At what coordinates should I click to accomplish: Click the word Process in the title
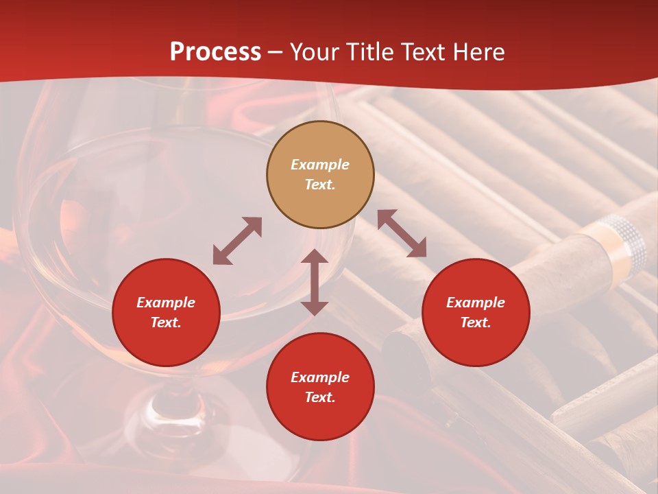(x=215, y=52)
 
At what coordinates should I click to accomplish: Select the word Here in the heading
(x=477, y=52)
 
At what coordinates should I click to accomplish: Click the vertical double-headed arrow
(x=315, y=282)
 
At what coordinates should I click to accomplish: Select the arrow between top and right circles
(x=402, y=233)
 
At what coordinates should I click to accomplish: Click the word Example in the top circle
(x=320, y=165)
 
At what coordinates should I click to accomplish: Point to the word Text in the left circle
(x=166, y=322)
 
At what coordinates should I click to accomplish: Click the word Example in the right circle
(x=476, y=303)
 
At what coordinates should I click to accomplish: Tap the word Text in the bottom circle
(x=320, y=397)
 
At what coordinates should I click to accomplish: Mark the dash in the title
(x=276, y=53)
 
